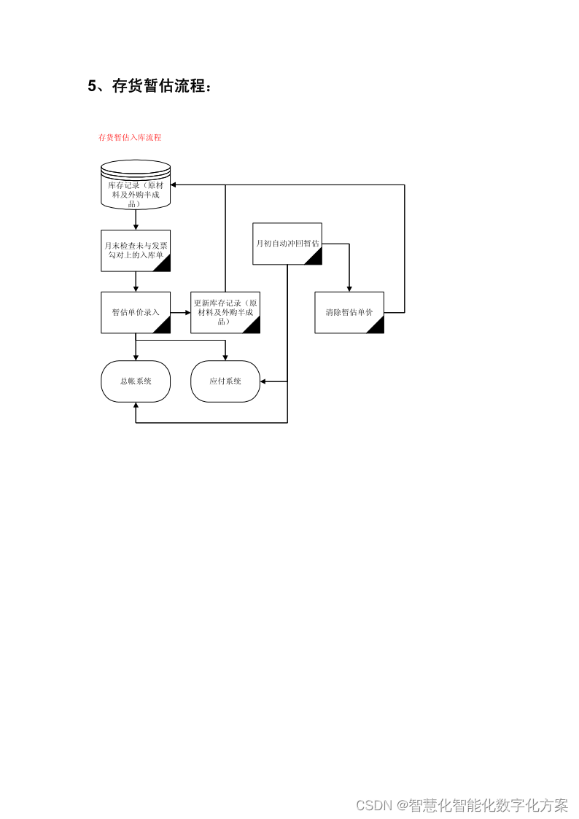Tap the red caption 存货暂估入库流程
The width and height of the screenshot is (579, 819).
[x=130, y=137]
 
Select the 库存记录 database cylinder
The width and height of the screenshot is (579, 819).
[x=136, y=187]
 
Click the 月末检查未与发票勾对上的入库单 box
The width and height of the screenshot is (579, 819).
[x=136, y=251]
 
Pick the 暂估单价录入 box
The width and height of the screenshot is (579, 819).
[x=136, y=312]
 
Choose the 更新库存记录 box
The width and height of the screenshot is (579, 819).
[x=225, y=312]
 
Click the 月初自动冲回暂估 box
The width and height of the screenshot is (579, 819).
[x=287, y=243]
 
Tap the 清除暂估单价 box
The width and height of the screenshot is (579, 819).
[x=349, y=312]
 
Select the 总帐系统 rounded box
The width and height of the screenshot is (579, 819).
[x=136, y=381]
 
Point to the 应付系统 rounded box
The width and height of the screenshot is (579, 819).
[x=225, y=381]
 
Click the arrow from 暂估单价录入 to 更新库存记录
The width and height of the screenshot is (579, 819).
[x=180, y=312]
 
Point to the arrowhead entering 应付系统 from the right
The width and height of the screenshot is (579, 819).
[x=264, y=381]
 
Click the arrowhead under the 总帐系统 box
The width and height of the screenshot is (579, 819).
[x=136, y=405]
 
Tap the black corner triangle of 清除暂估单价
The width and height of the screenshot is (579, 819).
[x=377, y=326]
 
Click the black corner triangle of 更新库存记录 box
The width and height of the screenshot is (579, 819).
[x=253, y=326]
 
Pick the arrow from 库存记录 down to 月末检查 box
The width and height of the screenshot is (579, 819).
[x=136, y=220]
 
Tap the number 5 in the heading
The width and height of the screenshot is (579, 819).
[x=92, y=86]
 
